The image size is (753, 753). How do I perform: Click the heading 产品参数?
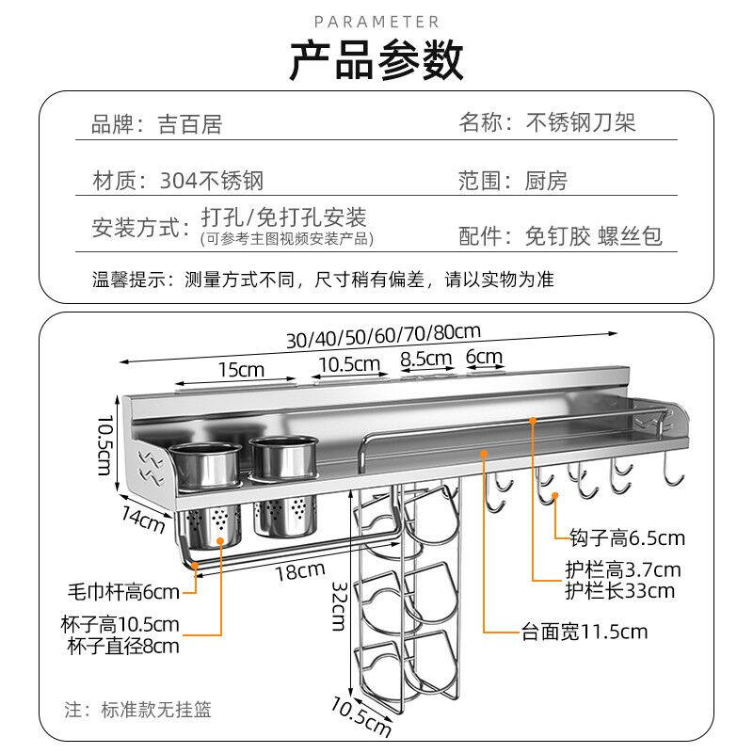click(376, 60)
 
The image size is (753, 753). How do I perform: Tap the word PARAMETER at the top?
click(376, 21)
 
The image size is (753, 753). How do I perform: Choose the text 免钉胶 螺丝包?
click(593, 235)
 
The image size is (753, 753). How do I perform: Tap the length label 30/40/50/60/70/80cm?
click(383, 334)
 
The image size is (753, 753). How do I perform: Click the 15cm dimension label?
click(242, 369)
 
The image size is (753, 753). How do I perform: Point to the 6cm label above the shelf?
click(485, 358)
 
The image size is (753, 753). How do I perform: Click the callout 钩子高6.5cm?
click(627, 538)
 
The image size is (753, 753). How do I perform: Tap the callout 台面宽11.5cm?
click(585, 632)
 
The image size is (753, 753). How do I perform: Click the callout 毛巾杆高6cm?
click(122, 591)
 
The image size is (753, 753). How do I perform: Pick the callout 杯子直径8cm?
click(123, 646)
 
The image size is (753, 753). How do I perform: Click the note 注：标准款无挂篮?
click(137, 709)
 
